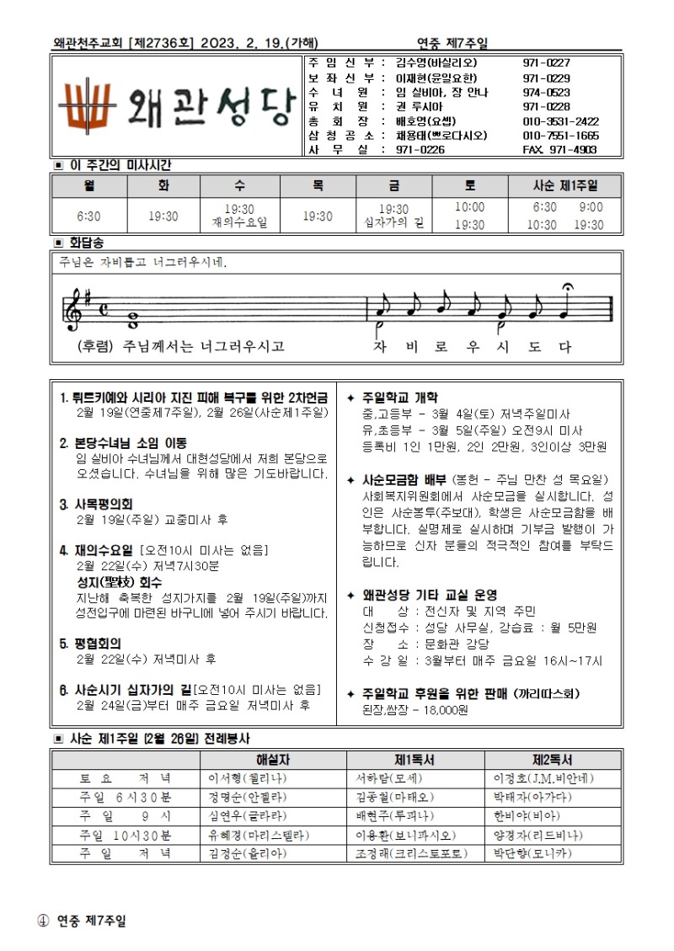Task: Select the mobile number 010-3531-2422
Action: [561, 120]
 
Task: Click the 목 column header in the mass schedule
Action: [317, 185]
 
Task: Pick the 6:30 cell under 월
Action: [88, 216]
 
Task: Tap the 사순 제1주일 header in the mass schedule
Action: [565, 185]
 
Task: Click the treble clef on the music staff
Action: [75, 309]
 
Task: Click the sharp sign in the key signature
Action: [88, 297]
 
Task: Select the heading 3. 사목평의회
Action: [97, 504]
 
